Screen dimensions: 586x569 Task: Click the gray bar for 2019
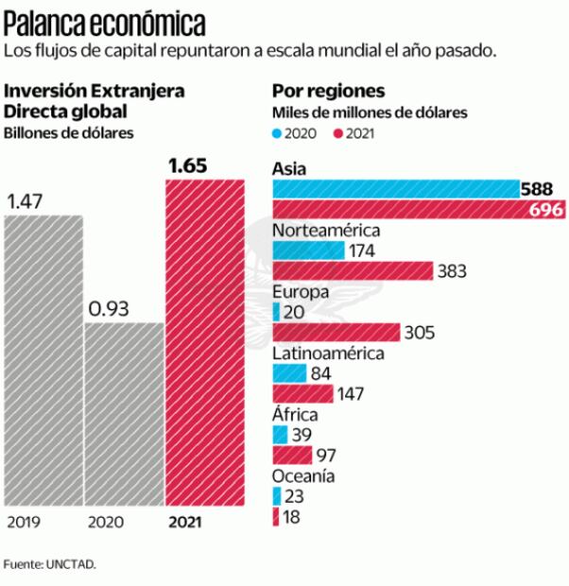(x=43, y=360)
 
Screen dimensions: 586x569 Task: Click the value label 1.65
(x=187, y=167)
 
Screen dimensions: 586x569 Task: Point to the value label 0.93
(x=109, y=309)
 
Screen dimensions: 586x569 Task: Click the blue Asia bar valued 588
(x=395, y=189)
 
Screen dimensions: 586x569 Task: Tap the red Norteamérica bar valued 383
(x=352, y=271)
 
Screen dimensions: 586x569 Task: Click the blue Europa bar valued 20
(x=275, y=312)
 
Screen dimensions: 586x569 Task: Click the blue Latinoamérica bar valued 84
(x=289, y=373)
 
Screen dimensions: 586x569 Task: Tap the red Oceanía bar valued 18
(x=275, y=517)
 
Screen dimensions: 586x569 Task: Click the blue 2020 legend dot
(x=276, y=133)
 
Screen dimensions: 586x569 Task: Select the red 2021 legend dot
(x=336, y=133)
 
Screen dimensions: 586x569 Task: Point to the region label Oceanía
(x=302, y=475)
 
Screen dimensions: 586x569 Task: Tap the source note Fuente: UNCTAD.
(x=49, y=564)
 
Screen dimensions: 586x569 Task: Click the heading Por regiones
(x=327, y=92)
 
